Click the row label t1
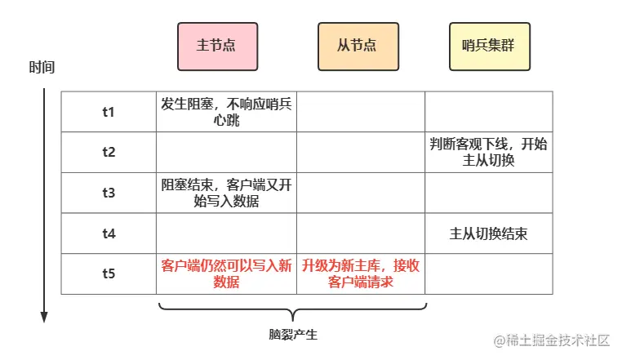coord(109,112)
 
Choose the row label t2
coord(109,152)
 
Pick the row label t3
coord(109,193)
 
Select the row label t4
coord(109,233)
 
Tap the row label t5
coord(109,273)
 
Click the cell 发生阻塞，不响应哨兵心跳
coord(226,112)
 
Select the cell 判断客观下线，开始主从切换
coord(488,152)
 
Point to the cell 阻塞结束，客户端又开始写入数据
coord(226,193)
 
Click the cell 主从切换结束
coord(488,233)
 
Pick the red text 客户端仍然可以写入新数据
coord(226,273)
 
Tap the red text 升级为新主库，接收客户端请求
coord(360,273)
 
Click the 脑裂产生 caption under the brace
coord(293,335)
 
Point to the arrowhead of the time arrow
coord(46,316)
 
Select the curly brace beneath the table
coord(293,310)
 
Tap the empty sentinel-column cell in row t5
coord(488,273)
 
